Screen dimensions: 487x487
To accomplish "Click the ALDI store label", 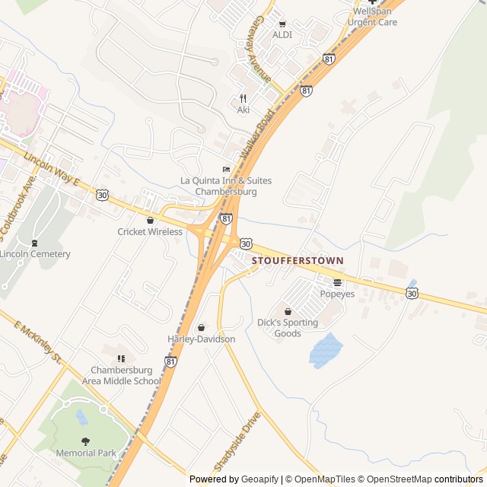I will point(282,35).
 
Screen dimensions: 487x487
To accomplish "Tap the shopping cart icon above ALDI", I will point(282,24).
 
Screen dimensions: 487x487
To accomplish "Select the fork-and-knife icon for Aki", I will point(243,98).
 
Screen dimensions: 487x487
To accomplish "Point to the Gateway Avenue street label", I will point(263,50).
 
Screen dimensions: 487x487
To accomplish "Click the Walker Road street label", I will point(256,133).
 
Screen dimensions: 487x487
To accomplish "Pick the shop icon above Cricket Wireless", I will point(150,220).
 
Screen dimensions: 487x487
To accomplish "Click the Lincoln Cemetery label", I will point(35,254).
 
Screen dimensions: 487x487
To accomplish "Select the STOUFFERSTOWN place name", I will point(297,260).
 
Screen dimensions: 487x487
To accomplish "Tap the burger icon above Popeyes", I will point(337,282).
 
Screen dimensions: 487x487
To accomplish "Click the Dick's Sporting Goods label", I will point(287,328).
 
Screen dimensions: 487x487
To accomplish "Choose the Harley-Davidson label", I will point(201,339).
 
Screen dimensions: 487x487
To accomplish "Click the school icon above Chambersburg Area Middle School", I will point(120,358).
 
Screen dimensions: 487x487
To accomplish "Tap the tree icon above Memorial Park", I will point(85,441).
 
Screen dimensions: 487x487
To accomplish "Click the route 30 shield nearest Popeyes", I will point(412,292).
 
